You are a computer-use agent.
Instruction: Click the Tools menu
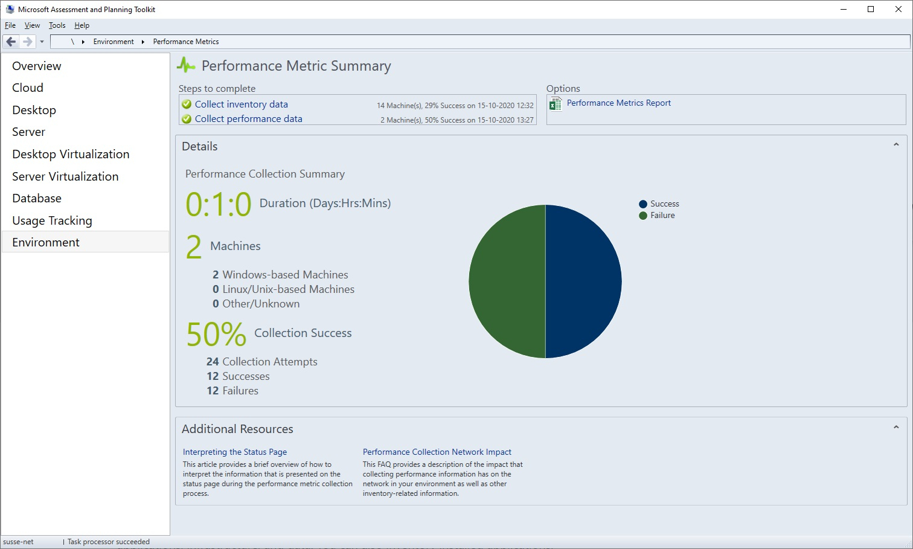[x=57, y=25]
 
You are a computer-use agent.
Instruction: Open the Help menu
[x=82, y=25]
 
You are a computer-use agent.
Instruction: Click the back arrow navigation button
[x=11, y=42]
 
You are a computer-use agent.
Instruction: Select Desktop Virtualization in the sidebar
[x=71, y=154]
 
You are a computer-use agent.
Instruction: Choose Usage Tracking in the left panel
[x=52, y=220]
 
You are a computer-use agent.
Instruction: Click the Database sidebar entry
[x=37, y=198]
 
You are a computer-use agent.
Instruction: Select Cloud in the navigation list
[x=28, y=88]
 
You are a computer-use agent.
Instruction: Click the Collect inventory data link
[x=241, y=104]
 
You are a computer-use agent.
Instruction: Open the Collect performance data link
[x=248, y=119]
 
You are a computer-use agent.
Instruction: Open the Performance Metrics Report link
[x=618, y=103]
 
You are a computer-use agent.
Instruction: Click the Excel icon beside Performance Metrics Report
[x=556, y=104]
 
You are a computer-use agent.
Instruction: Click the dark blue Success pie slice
[x=583, y=281]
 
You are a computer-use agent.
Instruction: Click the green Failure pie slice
[x=507, y=281]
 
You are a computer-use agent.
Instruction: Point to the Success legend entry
[x=664, y=204]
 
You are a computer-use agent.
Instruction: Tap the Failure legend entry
[x=662, y=216]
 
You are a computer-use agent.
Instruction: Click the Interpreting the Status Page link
[x=234, y=452]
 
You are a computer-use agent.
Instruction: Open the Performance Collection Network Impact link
[x=437, y=452]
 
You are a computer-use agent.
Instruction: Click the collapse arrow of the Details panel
[x=896, y=144]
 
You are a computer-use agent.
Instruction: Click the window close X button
[x=898, y=9]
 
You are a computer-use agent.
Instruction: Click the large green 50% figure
[x=216, y=334]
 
